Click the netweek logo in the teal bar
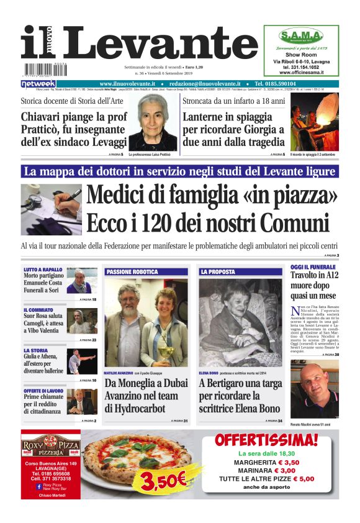point(38,83)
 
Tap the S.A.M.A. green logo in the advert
point(300,35)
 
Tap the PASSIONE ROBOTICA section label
point(132,271)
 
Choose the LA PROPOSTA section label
point(218,271)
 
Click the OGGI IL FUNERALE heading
point(313,267)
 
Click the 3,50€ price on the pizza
point(163,478)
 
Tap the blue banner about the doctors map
point(179,171)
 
